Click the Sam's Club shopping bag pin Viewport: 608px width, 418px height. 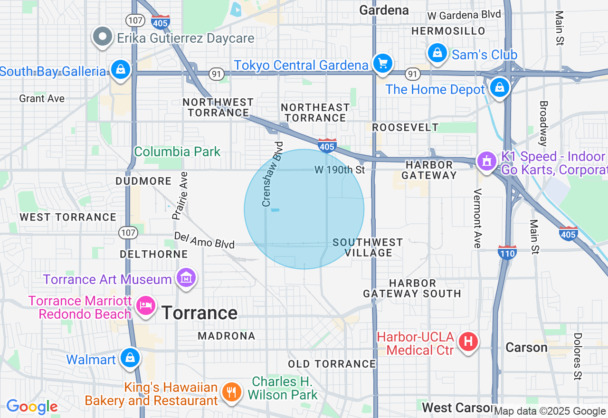[x=437, y=53]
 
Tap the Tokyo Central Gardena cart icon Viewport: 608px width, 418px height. [x=382, y=63]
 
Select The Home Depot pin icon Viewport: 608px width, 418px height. [x=499, y=87]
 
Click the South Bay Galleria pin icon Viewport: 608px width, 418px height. [x=121, y=70]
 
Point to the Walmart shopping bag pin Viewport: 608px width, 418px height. [x=130, y=358]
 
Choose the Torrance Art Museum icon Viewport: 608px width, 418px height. [x=186, y=277]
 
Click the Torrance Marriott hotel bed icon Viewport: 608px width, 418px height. [x=145, y=305]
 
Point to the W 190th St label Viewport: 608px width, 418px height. [x=340, y=170]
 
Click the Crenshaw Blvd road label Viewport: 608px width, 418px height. [x=272, y=174]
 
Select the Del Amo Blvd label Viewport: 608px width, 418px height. [x=204, y=240]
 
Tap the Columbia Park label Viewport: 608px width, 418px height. [x=177, y=152]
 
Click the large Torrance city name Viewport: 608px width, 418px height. [x=199, y=313]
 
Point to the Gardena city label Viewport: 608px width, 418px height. [x=384, y=10]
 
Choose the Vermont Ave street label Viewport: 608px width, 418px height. [x=478, y=218]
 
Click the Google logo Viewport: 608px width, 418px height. [x=32, y=407]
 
